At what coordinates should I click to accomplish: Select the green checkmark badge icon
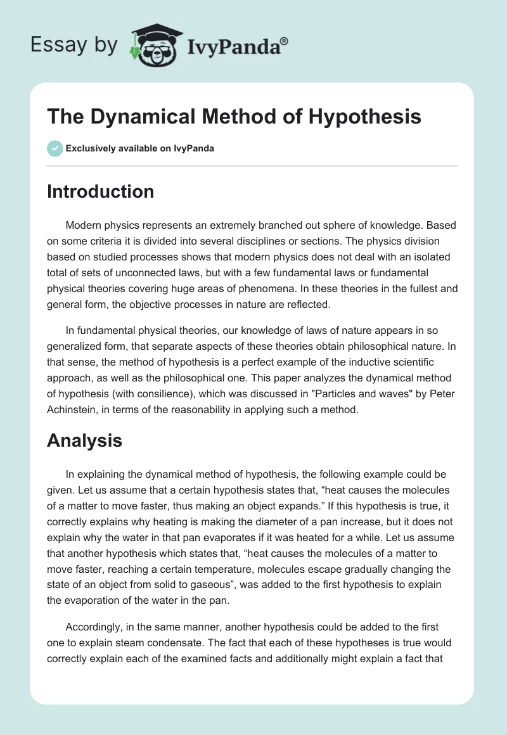pyautogui.click(x=55, y=148)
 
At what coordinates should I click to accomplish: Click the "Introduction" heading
pyautogui.click(x=100, y=191)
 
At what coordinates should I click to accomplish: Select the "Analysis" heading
pyautogui.click(x=84, y=441)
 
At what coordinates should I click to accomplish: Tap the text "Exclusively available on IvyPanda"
pyautogui.click(x=140, y=148)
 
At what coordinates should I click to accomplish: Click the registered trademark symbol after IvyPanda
pyautogui.click(x=285, y=41)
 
